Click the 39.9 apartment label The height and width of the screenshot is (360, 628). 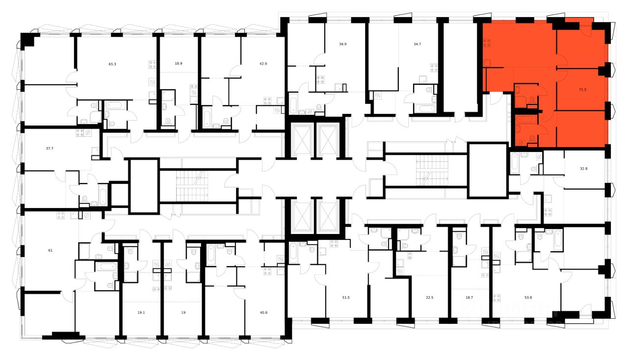click(x=343, y=44)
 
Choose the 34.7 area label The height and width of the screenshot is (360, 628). click(x=418, y=44)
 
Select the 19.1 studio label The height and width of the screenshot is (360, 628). click(x=142, y=312)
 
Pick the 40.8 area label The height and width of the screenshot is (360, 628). click(x=263, y=312)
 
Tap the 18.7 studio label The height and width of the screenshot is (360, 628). click(x=469, y=297)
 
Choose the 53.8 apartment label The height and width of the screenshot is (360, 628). click(x=528, y=297)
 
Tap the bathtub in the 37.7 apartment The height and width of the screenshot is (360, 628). click(x=103, y=194)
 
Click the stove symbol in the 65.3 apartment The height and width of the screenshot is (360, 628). click(x=153, y=64)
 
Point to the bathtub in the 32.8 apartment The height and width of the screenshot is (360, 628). click(x=515, y=162)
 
